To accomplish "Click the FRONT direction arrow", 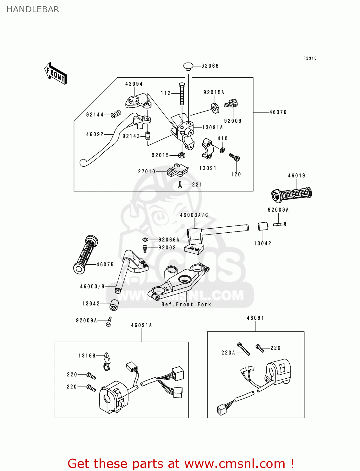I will click(x=56, y=73).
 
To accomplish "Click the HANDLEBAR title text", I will click(x=33, y=9).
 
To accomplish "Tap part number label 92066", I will click(x=210, y=66).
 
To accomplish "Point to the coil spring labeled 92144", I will click(x=116, y=114).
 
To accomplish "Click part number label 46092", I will click(x=95, y=134).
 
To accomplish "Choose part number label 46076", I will click(x=278, y=112).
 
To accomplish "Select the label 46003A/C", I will click(x=194, y=215).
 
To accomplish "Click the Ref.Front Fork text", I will click(x=186, y=304).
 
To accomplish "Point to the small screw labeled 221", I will click(x=180, y=185).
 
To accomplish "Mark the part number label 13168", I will click(x=87, y=356).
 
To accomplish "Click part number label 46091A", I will click(x=141, y=325).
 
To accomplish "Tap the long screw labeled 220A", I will click(x=244, y=349).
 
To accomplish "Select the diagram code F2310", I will click(x=310, y=58).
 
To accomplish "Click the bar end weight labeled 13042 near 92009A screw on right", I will click(x=263, y=226).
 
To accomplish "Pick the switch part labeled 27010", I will click(x=177, y=170).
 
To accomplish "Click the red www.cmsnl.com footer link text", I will click(x=235, y=464).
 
